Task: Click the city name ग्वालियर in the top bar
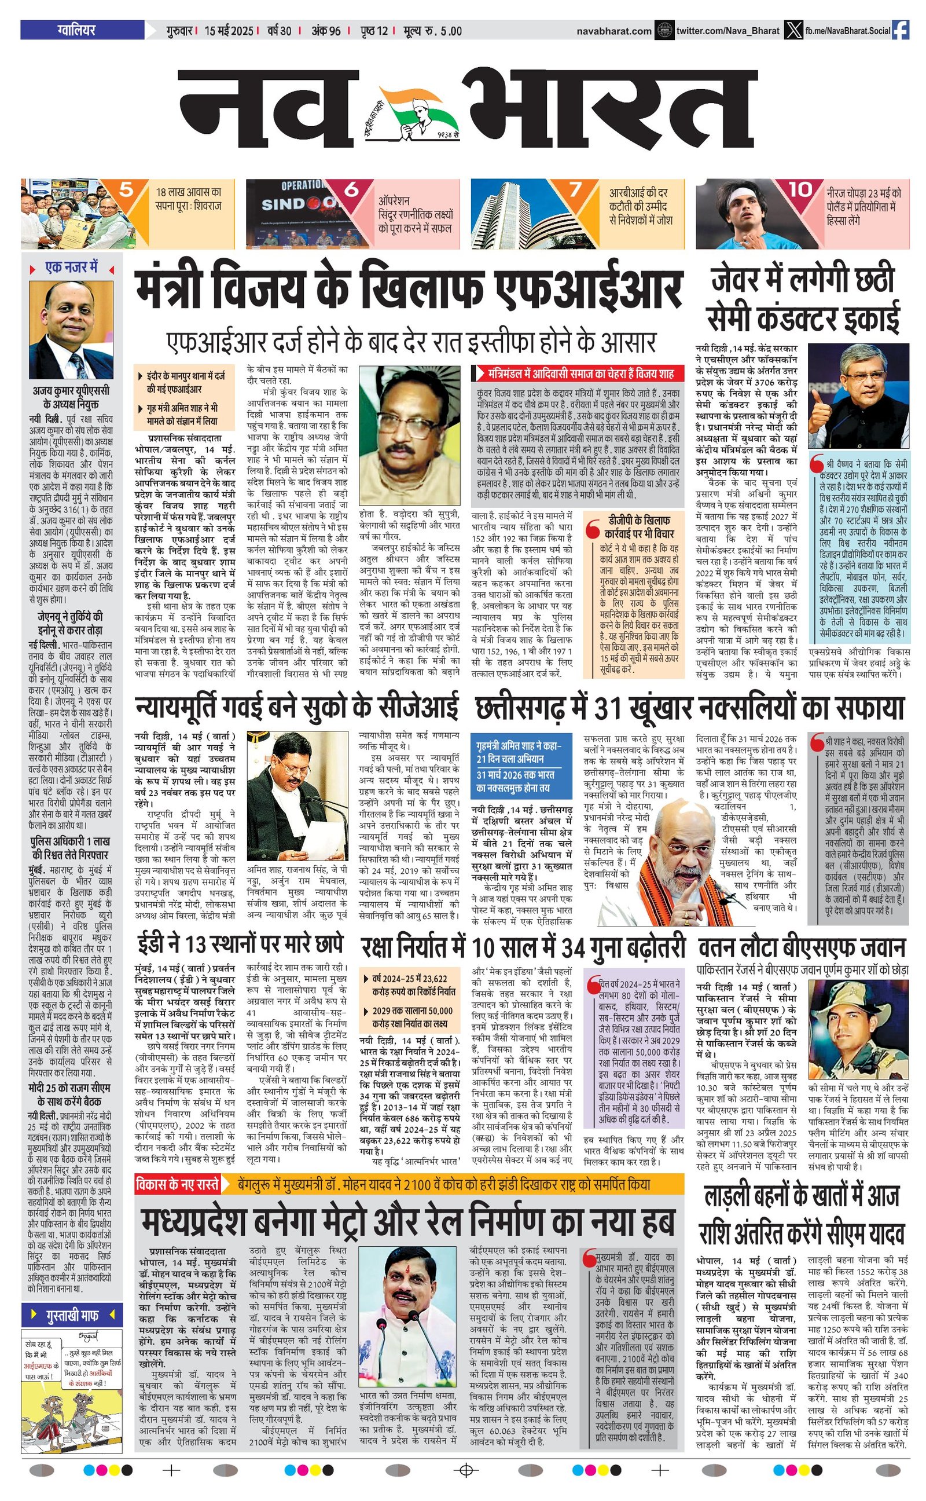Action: [x=76, y=30]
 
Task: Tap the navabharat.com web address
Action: [x=613, y=31]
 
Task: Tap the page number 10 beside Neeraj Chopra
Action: [x=800, y=190]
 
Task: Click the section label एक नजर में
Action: [x=71, y=268]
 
